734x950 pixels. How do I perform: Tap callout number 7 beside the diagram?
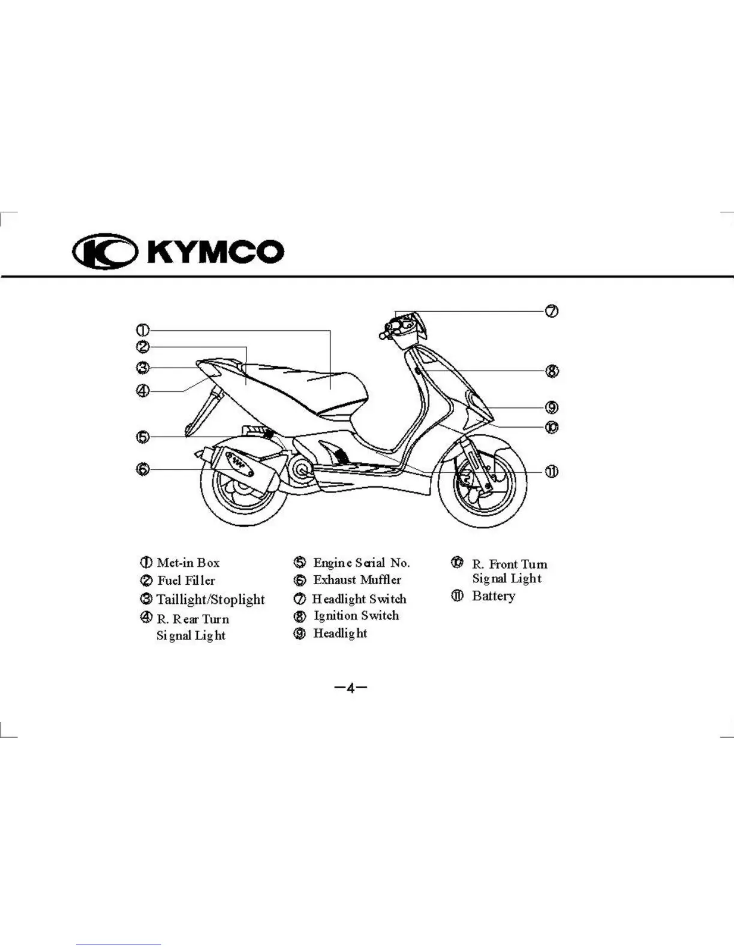coord(552,311)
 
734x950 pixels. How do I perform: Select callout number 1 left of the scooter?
coord(143,330)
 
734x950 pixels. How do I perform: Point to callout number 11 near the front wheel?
coord(552,471)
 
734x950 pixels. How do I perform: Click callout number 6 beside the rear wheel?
coord(143,469)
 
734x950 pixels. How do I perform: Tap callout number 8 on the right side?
coord(552,371)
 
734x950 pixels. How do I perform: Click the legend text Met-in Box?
coord(188,563)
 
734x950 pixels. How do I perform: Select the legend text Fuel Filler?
coord(186,581)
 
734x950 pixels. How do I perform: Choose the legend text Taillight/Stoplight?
coord(210,599)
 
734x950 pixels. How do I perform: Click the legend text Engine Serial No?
coord(362,563)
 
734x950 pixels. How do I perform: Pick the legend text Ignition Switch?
coord(356,615)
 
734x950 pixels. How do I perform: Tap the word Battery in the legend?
coord(494,596)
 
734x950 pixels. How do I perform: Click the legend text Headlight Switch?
coord(359,599)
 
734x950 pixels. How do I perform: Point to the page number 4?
coord(351,688)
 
